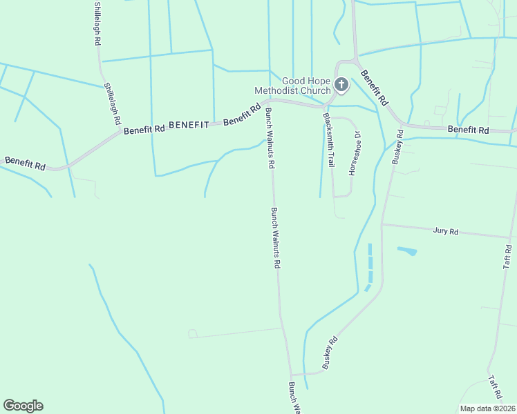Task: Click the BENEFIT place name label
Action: (189, 125)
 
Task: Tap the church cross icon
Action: (341, 85)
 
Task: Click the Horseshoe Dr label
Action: (354, 153)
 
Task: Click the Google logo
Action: (23, 406)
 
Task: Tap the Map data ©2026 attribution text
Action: (487, 408)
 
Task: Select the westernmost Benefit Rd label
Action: (24, 163)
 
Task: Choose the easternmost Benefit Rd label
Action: (468, 130)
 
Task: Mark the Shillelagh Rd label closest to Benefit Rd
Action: (113, 103)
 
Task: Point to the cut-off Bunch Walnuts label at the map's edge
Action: (294, 398)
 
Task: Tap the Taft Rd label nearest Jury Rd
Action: (508, 256)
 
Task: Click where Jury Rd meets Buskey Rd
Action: (382, 224)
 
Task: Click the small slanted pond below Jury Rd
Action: (407, 250)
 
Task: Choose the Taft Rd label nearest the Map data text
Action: (494, 386)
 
